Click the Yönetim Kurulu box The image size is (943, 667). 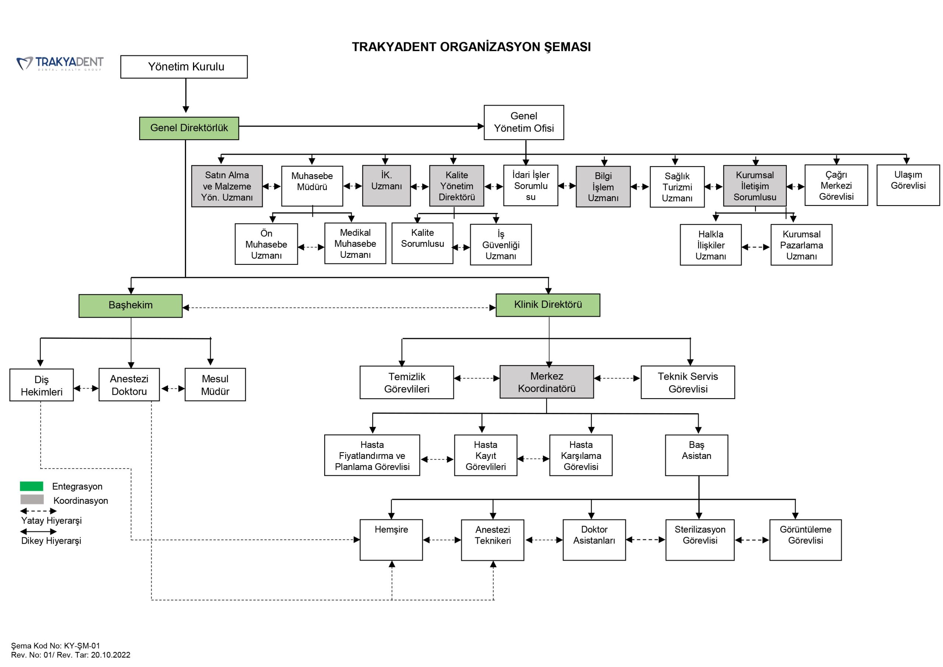tap(184, 67)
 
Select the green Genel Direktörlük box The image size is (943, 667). tap(189, 128)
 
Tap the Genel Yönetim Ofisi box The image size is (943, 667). tap(524, 122)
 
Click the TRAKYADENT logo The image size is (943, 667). tap(60, 63)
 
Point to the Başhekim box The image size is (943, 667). tap(131, 306)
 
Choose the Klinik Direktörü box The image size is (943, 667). tap(548, 305)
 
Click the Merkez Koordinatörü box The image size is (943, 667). tap(547, 382)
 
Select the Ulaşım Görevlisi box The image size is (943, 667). tap(908, 185)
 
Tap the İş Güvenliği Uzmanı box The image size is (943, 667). tap(501, 245)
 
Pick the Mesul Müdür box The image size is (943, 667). tap(215, 385)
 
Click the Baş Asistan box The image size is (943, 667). tap(697, 455)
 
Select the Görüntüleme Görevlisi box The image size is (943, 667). tap(805, 540)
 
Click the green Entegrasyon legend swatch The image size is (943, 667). tap(32, 486)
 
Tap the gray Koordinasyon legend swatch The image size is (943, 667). tap(32, 499)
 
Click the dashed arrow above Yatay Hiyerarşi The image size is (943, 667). tap(39, 511)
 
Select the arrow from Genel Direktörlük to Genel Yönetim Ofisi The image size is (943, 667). tap(361, 126)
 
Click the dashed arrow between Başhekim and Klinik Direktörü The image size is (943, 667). tap(339, 308)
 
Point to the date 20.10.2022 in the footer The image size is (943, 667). tap(111, 655)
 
